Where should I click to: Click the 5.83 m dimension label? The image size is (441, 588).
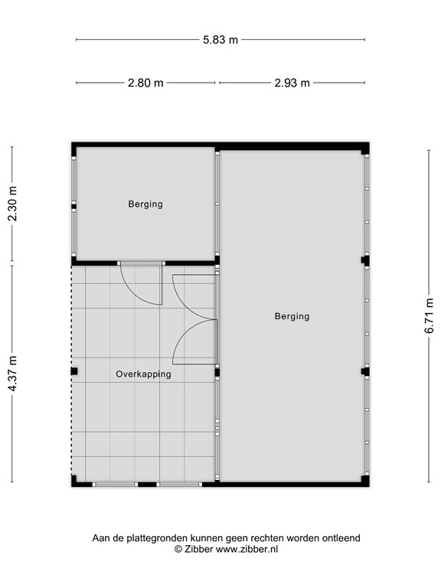[220, 39]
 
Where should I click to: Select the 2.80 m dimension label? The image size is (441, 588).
[145, 83]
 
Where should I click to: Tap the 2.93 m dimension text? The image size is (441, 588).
[292, 83]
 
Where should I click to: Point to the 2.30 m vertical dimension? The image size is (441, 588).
[11, 204]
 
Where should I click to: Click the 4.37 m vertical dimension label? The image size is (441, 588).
[11, 373]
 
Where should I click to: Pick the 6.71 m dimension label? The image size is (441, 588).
[430, 315]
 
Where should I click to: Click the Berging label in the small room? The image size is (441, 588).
[145, 204]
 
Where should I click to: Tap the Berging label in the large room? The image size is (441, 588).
[292, 316]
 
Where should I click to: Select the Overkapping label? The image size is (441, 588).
[143, 374]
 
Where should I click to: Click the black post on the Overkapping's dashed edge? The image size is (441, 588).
[74, 371]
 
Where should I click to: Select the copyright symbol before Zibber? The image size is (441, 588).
[178, 549]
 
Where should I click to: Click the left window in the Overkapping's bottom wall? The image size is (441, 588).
[115, 484]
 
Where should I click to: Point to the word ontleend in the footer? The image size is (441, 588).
[342, 538]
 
